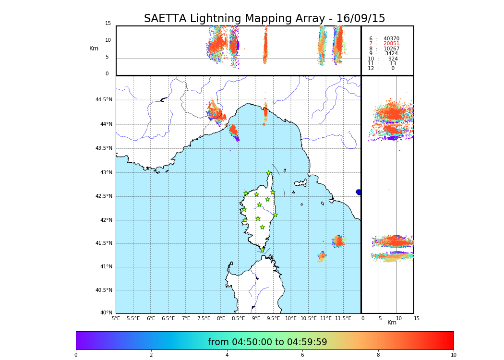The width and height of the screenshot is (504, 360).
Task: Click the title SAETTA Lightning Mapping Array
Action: tap(264, 19)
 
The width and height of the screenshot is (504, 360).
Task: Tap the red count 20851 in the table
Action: tap(391, 44)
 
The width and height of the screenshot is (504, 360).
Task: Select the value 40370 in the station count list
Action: tap(391, 39)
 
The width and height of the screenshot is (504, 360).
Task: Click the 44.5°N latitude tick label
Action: tap(104, 100)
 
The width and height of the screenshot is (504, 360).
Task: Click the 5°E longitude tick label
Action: tap(116, 318)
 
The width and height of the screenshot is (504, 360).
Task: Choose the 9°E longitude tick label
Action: tap(256, 318)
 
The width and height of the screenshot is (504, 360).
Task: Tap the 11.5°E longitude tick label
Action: tap(343, 318)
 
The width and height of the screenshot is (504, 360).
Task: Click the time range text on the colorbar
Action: tap(267, 342)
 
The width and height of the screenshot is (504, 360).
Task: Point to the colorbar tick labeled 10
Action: tap(453, 355)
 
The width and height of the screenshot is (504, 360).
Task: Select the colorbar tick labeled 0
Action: tap(76, 355)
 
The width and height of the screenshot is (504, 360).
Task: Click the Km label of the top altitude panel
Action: tap(94, 48)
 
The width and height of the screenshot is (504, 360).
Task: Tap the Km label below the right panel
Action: tap(392, 323)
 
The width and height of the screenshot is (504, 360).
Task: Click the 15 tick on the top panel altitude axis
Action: tap(108, 24)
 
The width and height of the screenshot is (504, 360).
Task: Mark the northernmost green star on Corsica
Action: tap(269, 173)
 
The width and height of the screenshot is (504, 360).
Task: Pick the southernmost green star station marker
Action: tap(262, 250)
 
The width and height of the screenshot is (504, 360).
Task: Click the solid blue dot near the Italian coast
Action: tap(359, 192)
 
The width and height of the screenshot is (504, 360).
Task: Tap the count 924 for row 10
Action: tap(393, 59)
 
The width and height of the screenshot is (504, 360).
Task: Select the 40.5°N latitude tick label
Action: tap(104, 290)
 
